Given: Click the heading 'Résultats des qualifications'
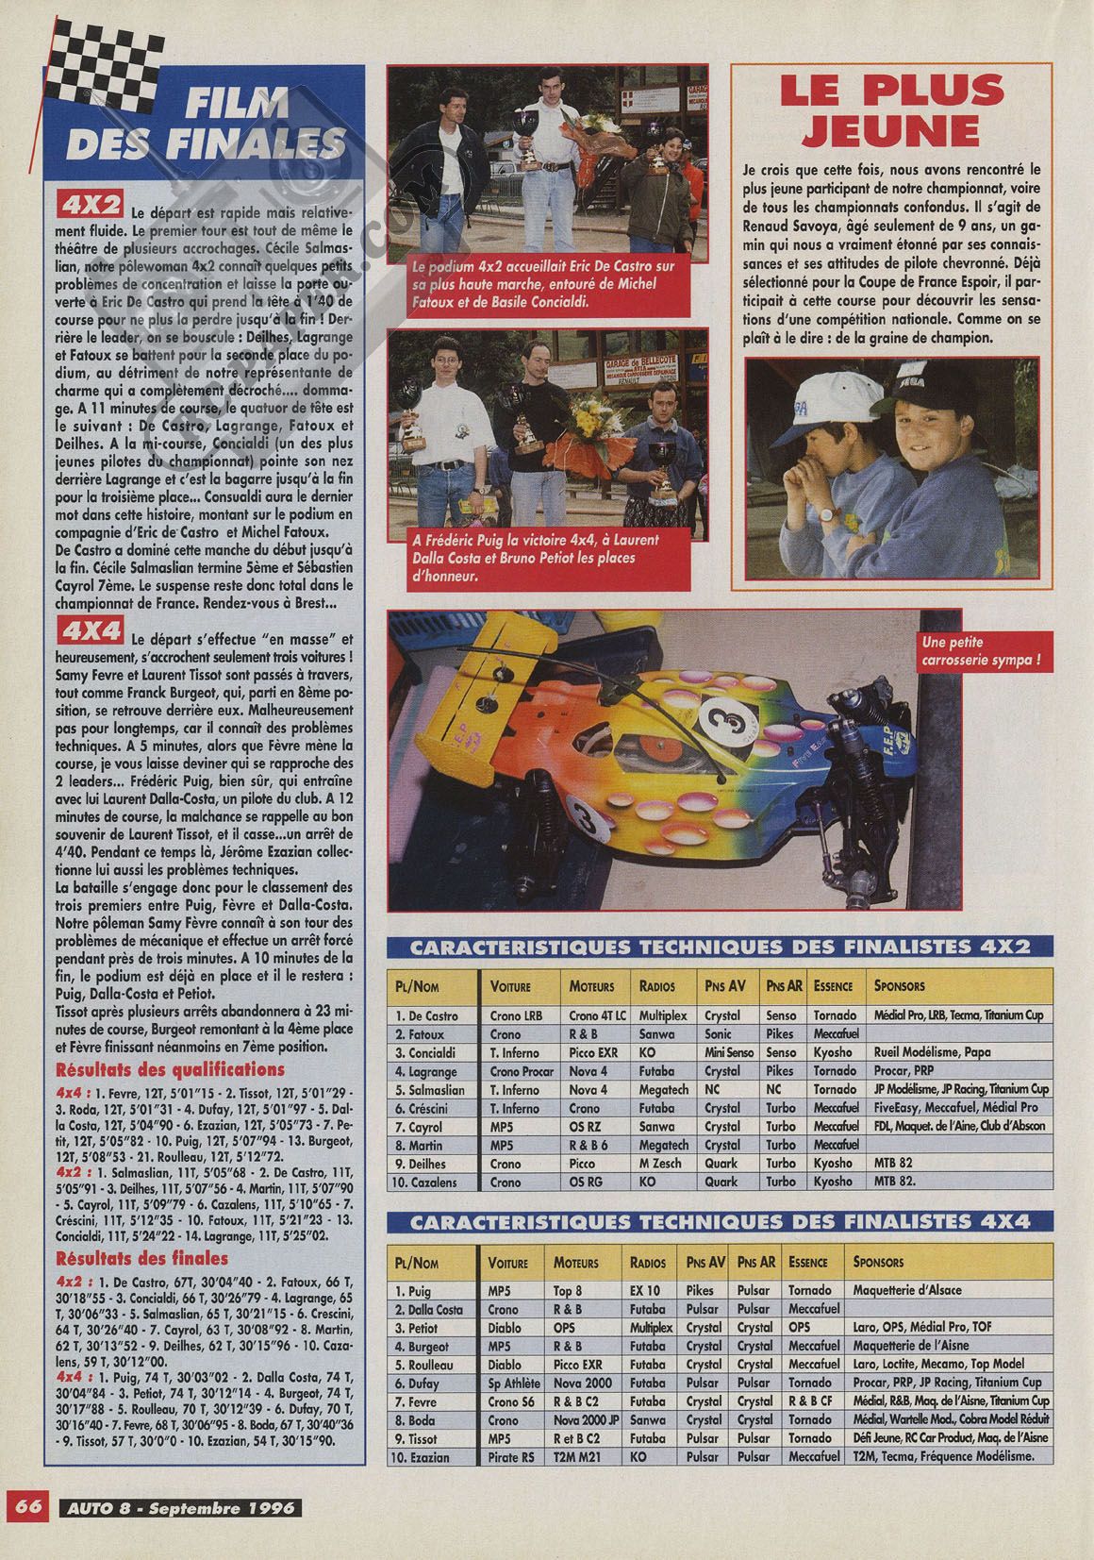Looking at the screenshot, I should coord(171,1069).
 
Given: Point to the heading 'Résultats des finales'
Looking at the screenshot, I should coord(142,1258).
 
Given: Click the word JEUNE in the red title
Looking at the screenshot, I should coord(891,127).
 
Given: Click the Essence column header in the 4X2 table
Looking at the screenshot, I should coord(833,986).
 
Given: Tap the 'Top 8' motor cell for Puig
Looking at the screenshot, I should coord(569,1290).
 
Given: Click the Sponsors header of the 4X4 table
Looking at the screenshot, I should coord(878,1261).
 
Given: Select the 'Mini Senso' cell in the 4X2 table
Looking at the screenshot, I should coord(724,1052).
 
